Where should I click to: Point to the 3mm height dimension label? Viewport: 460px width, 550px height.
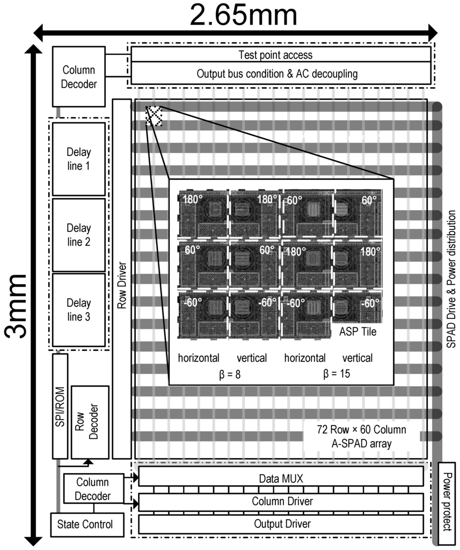tap(16, 306)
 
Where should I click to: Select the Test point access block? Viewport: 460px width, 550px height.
tap(281, 55)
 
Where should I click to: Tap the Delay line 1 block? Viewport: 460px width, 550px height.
tap(78, 158)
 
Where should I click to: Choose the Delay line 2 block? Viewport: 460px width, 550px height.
tap(78, 235)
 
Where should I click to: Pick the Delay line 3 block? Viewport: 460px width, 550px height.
tap(78, 310)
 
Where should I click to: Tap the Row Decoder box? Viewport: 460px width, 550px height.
tap(90, 422)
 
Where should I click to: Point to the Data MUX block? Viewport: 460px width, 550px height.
tap(281, 476)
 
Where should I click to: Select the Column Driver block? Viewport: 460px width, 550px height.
tap(281, 502)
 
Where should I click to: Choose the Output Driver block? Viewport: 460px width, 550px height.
tap(281, 524)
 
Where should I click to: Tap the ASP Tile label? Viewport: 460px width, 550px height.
tap(357, 332)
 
